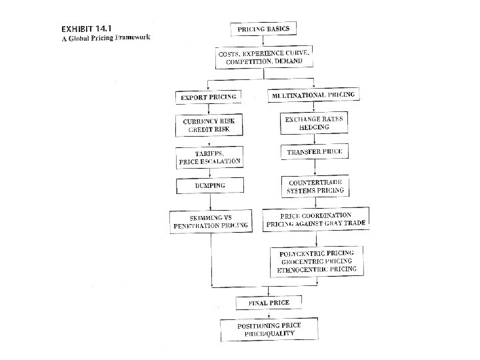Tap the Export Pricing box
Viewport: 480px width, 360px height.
click(209, 98)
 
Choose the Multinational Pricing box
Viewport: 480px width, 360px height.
click(313, 95)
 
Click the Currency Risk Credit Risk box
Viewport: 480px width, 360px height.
click(209, 125)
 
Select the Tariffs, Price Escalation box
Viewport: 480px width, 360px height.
click(209, 157)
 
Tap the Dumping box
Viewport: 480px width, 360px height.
click(209, 185)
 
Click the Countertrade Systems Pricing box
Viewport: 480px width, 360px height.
click(315, 186)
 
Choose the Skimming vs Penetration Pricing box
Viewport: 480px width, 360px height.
click(209, 221)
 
